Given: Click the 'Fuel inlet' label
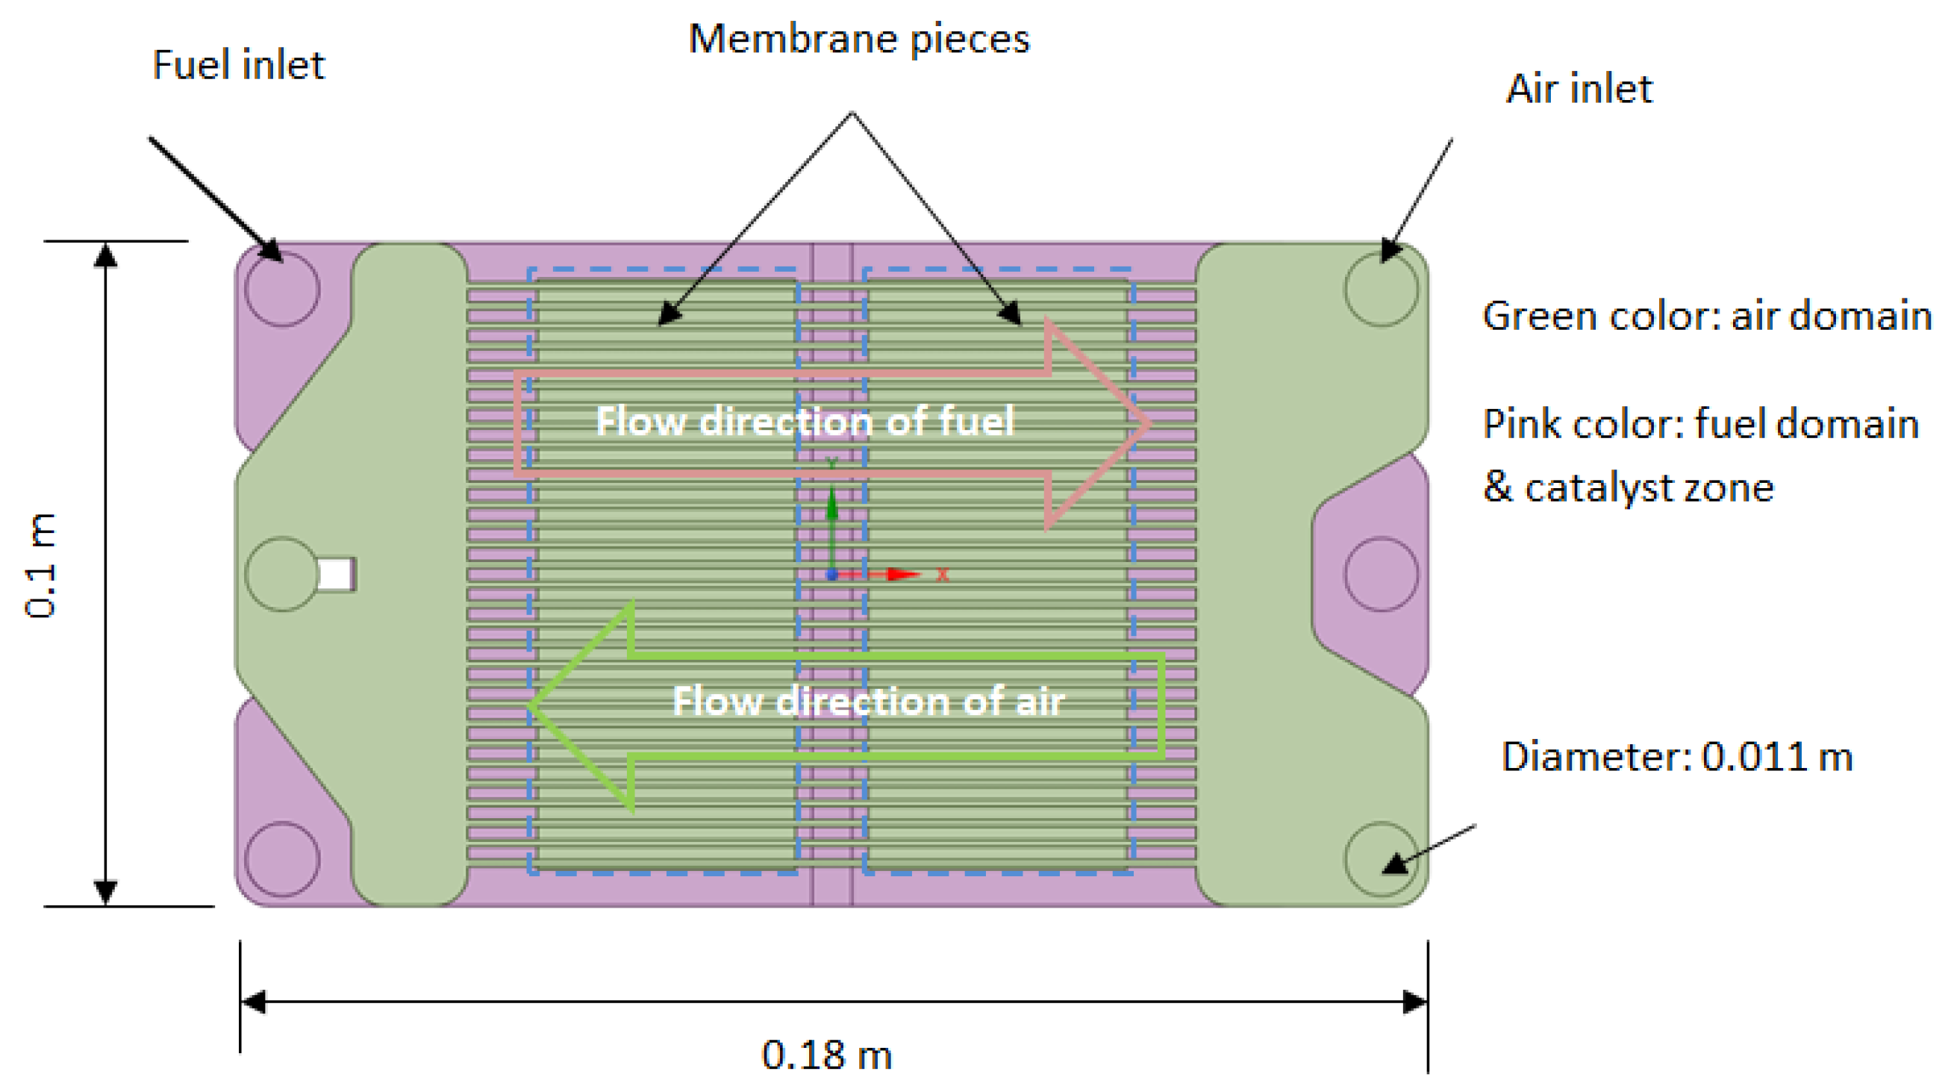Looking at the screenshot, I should point(238,65).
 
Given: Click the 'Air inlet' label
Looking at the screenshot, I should point(1579,90).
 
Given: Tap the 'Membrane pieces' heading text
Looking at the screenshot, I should point(859,40).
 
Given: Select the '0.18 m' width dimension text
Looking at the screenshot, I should point(826,1055).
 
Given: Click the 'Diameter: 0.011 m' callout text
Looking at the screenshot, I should point(1677,757).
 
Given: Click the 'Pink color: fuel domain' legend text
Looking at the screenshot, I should point(1700,424).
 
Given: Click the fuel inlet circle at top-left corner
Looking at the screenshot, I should point(281,290).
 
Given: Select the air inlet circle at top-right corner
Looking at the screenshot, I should point(1382,290).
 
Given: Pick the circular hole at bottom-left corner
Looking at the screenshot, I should point(281,859).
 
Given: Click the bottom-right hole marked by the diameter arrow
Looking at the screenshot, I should point(1382,859).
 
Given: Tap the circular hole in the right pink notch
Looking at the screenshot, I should point(1382,574).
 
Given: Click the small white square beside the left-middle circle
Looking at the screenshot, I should point(336,574).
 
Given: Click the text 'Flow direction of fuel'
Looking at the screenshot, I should point(805,421).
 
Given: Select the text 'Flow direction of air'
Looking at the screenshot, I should point(869,701).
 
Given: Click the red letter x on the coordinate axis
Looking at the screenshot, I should point(943,575).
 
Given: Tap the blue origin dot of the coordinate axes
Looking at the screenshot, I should point(831,575).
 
